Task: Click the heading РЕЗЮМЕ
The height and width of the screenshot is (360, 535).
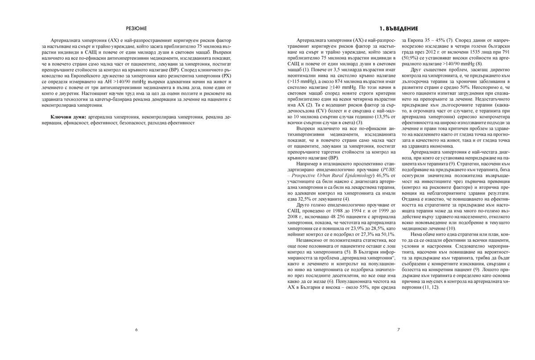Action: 136,28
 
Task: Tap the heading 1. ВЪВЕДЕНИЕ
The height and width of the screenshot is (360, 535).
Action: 399,28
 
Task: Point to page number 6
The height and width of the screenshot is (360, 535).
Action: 136,330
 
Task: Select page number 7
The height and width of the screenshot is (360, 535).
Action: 399,330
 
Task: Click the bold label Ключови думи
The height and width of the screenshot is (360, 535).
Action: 69,116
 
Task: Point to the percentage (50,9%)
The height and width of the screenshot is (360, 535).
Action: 411,58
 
